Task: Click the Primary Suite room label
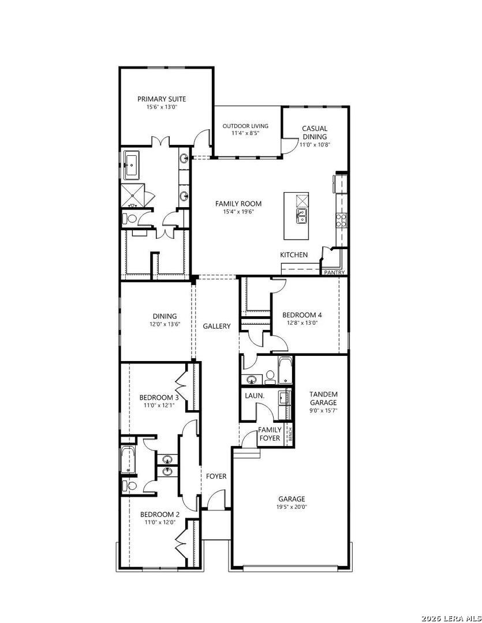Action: [x=162, y=99]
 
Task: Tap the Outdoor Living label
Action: [x=245, y=126]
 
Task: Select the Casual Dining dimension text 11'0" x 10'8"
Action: [x=315, y=145]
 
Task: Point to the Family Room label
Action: [x=238, y=204]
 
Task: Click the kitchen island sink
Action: [x=302, y=216]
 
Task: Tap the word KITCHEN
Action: [x=294, y=255]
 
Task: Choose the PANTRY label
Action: [x=334, y=272]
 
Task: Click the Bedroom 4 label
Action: [x=302, y=315]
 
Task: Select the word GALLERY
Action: [x=216, y=326]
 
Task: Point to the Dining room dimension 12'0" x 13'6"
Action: [x=165, y=324]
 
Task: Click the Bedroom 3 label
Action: [x=159, y=397]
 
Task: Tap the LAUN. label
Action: [x=255, y=396]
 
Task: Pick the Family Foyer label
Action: [x=270, y=434]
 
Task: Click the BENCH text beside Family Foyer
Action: [x=290, y=434]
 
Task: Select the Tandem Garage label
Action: [x=324, y=398]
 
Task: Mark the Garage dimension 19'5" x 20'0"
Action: [x=293, y=506]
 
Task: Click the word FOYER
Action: [x=216, y=476]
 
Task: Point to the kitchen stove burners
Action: [x=342, y=220]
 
